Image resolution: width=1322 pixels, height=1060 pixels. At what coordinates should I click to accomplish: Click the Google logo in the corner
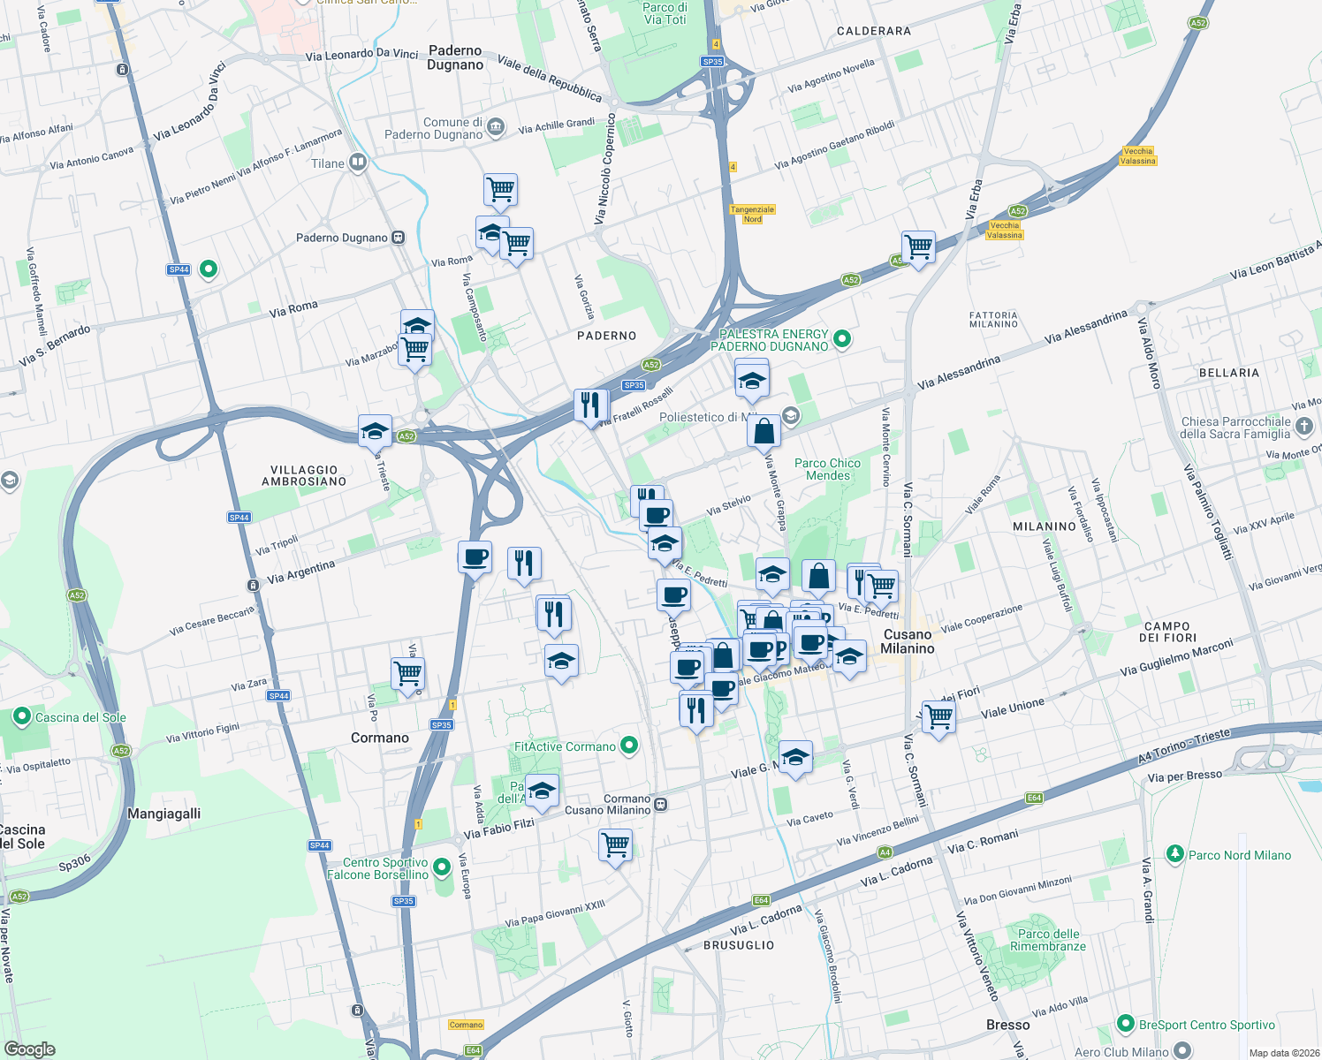(30, 1049)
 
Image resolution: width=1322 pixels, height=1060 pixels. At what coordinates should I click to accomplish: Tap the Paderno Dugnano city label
(455, 57)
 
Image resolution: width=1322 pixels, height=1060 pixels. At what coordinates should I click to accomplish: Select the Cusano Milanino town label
(908, 641)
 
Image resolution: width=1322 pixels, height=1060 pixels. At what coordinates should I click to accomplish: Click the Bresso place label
(1007, 1025)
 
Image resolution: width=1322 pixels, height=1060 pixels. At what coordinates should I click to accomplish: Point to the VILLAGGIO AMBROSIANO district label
(304, 476)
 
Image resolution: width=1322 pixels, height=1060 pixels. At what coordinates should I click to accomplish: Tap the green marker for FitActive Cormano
(629, 746)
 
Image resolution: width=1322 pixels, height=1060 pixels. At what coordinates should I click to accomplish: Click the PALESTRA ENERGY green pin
(842, 338)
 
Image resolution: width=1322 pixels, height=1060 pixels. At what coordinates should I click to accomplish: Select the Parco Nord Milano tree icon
(1174, 854)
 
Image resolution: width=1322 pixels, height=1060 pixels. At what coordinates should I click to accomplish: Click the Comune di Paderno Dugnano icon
(496, 127)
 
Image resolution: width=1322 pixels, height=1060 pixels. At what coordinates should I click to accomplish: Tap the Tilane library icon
(357, 162)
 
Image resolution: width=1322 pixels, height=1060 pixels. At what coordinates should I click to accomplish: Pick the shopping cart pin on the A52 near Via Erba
(918, 246)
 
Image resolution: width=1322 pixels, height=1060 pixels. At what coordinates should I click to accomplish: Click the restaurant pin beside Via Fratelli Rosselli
(590, 405)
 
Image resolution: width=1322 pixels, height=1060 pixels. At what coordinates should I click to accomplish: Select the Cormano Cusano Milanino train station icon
(661, 804)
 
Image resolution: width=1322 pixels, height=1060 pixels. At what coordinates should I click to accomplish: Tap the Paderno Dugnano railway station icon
(399, 238)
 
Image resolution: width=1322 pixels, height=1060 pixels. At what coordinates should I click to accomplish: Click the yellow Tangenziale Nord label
(752, 214)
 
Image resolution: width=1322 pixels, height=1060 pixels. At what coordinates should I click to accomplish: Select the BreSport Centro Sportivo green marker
(1125, 1024)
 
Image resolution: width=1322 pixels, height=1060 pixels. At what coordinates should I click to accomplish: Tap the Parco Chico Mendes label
(827, 469)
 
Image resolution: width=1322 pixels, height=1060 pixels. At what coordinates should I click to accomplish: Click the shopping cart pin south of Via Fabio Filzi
(615, 844)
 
